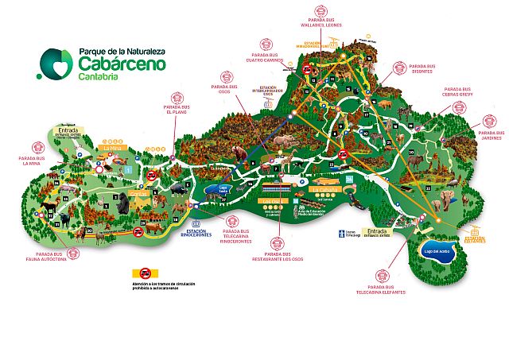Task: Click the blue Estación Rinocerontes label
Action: click(x=197, y=233)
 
